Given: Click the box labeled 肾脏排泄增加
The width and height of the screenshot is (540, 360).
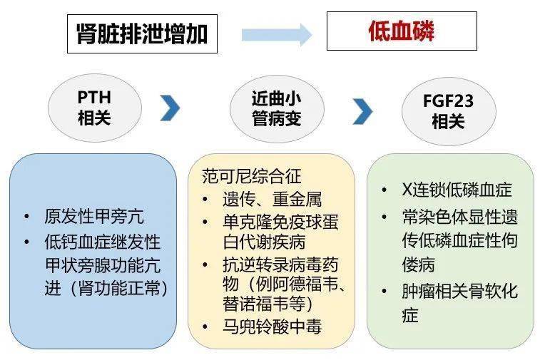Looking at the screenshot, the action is click(142, 34).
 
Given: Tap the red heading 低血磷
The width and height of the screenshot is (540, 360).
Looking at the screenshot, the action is click(401, 31).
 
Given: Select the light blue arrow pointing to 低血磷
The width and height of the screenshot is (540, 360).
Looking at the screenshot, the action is click(277, 35).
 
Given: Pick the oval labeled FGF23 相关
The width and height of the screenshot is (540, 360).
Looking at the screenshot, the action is click(449, 111).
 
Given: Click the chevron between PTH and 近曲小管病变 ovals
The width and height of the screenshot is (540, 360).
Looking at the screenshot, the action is click(170, 108).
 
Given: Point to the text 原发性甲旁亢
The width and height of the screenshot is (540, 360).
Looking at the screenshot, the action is click(94, 217).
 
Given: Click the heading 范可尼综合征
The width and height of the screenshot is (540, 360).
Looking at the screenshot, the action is click(252, 176).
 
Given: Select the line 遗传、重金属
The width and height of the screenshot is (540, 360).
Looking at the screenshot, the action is click(272, 200).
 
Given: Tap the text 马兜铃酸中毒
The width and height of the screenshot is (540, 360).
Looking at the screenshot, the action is click(272, 326).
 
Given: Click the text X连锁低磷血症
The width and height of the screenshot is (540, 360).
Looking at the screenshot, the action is click(457, 190).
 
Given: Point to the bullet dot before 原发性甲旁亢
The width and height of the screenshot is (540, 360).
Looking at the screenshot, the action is click(27, 217).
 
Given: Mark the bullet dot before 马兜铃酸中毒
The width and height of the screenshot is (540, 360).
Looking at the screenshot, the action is click(205, 326).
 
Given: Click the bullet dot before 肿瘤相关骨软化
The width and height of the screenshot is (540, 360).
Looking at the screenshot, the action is click(384, 291).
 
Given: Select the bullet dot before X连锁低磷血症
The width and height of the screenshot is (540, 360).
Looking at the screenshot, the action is click(384, 190).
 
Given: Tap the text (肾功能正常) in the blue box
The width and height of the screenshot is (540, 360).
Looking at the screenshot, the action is click(119, 288).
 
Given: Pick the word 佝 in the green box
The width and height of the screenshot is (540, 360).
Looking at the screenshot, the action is click(510, 240).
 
